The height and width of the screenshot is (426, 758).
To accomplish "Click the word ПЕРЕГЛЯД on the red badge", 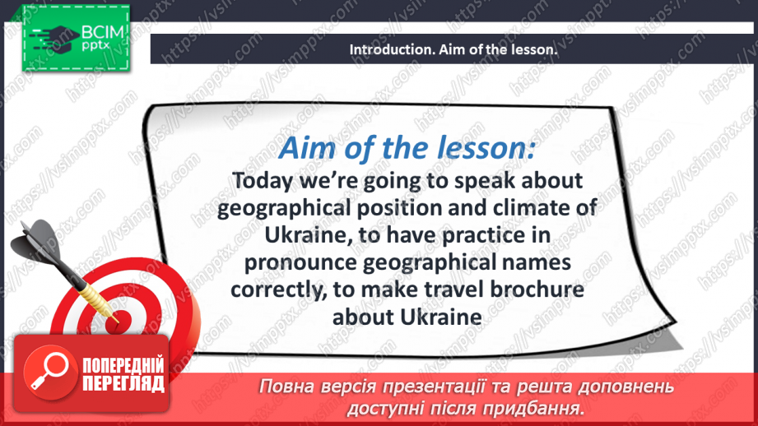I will pos(122,382).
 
